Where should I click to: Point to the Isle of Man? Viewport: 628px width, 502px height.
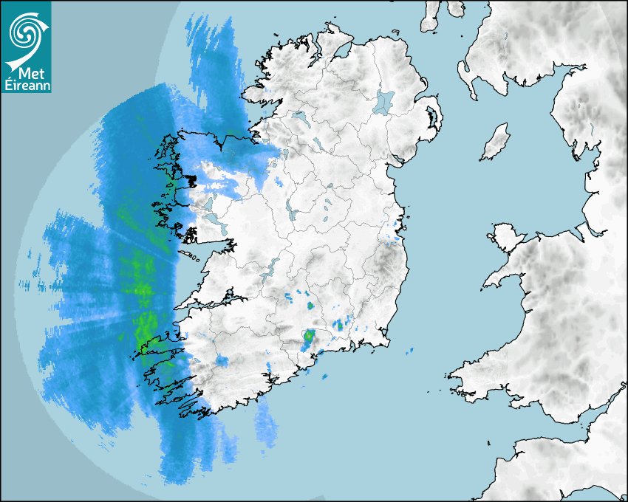point(496,142)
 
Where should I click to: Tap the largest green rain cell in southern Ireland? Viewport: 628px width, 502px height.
point(308,339)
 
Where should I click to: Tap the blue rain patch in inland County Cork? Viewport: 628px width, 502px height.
point(221,361)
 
